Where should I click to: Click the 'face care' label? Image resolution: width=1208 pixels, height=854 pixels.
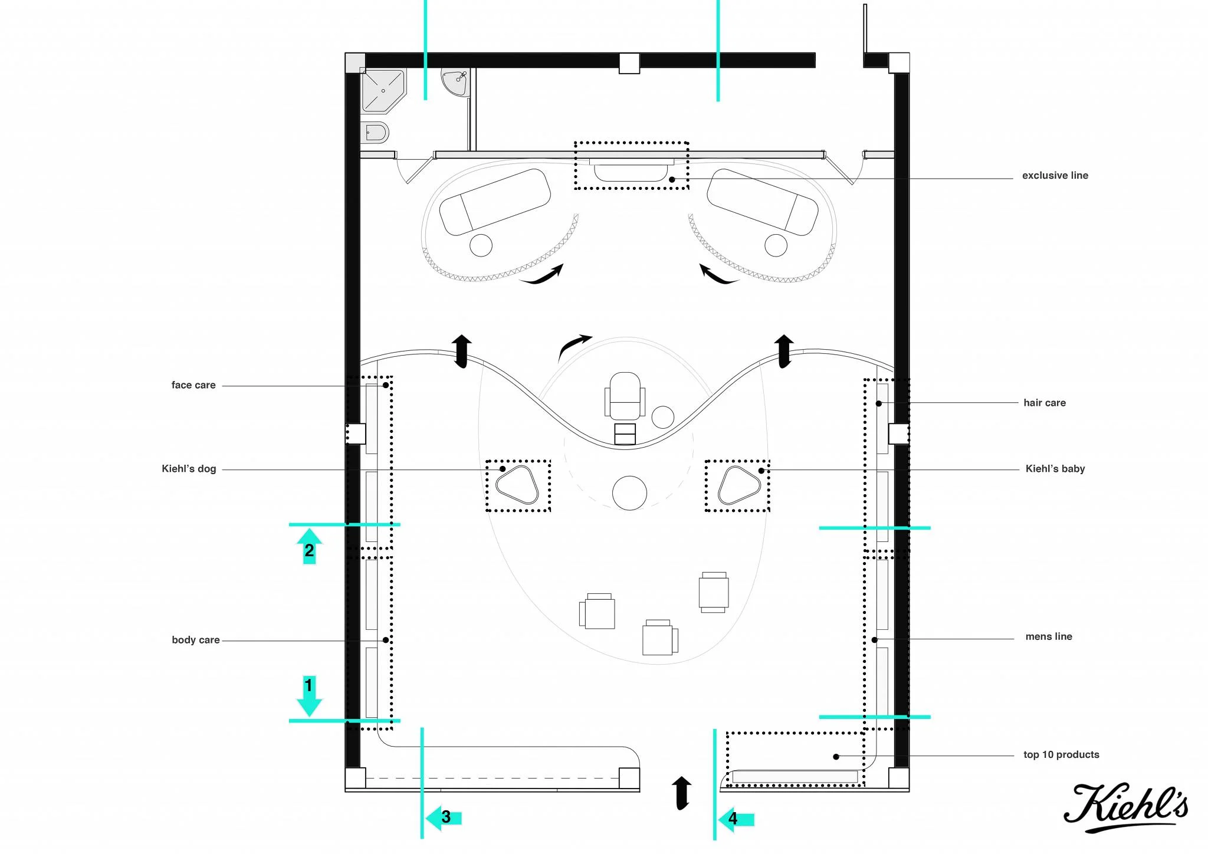click(193, 385)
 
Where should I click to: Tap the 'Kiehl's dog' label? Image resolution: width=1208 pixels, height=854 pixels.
click(189, 469)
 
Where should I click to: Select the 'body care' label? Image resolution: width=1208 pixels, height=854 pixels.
click(196, 640)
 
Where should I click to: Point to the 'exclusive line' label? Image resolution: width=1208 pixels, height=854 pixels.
click(1055, 175)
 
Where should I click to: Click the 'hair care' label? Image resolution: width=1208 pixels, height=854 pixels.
click(1045, 403)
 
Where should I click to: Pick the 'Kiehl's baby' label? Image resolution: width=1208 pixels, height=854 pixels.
click(1055, 469)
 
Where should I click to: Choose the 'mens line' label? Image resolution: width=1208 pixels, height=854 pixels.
click(1049, 636)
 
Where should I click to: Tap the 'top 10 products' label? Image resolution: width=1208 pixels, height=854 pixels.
click(1061, 754)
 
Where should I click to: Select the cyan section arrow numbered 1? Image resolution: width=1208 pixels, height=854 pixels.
click(308, 697)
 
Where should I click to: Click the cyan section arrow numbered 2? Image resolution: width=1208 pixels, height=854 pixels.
click(309, 546)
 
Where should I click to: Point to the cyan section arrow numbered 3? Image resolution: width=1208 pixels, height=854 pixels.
click(444, 817)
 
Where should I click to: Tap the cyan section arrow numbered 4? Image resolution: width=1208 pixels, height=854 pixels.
click(736, 819)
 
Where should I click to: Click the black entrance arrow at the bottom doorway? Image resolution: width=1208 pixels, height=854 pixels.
click(681, 793)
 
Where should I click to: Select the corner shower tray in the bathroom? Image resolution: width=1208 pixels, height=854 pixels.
click(383, 90)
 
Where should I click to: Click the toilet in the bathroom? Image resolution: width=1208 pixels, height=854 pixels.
click(375, 133)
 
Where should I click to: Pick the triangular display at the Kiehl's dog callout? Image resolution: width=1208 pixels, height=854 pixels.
click(517, 485)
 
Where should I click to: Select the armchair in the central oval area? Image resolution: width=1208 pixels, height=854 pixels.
click(625, 396)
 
